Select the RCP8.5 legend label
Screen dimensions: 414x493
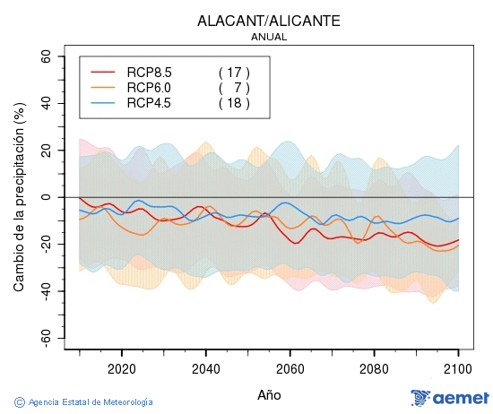click(x=149, y=72)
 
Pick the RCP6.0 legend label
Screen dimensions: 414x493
click(x=149, y=87)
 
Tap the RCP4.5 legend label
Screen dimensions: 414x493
click(x=149, y=103)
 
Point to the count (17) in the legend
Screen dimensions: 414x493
click(x=234, y=72)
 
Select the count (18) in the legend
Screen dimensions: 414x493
click(x=234, y=103)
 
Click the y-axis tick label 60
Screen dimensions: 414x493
click(x=44, y=56)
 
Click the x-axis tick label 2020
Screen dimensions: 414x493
click(x=121, y=368)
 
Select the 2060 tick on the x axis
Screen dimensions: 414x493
click(x=290, y=368)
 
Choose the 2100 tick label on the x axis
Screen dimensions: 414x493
click(x=458, y=368)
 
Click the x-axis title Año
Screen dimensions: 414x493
click(x=269, y=394)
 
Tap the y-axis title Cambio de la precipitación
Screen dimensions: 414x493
click(x=19, y=197)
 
